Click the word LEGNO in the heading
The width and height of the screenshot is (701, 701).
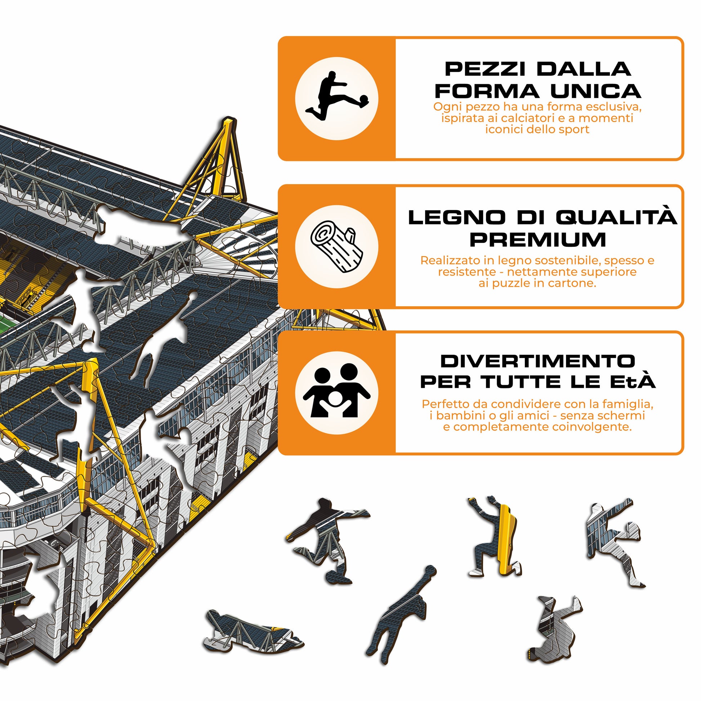pos(457,217)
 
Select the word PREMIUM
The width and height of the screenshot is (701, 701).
pos(538,240)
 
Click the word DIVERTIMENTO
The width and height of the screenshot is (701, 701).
pos(538,361)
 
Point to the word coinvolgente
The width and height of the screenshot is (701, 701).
pos(592,427)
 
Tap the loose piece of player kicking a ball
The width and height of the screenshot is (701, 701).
pos(327,541)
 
